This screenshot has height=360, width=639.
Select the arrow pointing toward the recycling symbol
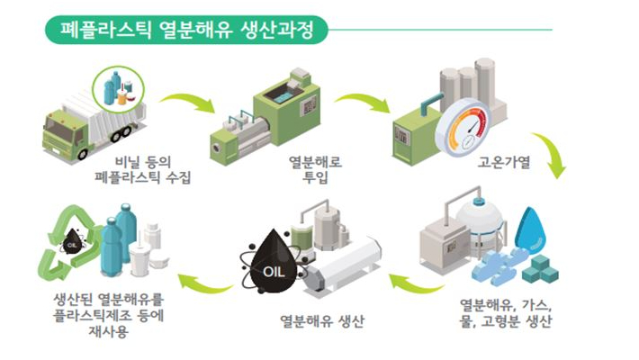pos(202,285)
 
